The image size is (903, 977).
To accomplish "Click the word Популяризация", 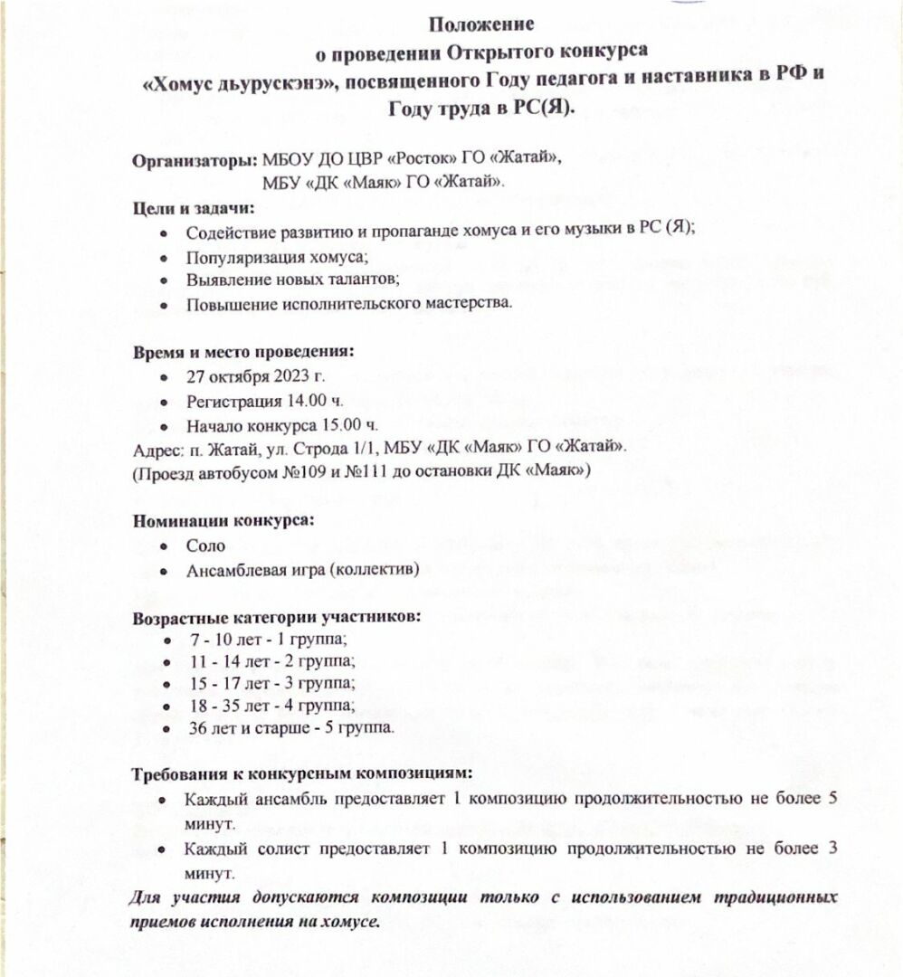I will tap(238, 256).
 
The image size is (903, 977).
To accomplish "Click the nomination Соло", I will tap(205, 546).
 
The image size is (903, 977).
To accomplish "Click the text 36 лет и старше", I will tap(247, 727).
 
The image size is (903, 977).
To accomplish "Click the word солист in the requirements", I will tap(271, 849).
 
